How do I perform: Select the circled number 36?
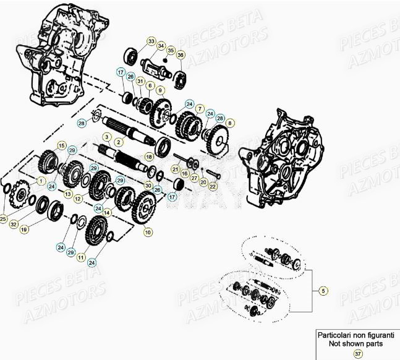(181, 55)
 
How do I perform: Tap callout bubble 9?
(160, 90)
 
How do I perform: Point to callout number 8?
(230, 123)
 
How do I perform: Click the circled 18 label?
(148, 156)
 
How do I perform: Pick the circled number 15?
(61, 146)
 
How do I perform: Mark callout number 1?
(41, 180)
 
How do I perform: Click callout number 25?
(4, 218)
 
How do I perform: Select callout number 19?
(25, 229)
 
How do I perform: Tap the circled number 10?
(148, 232)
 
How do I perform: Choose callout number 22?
(213, 186)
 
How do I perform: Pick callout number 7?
(200, 108)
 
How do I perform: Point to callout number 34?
(161, 46)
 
